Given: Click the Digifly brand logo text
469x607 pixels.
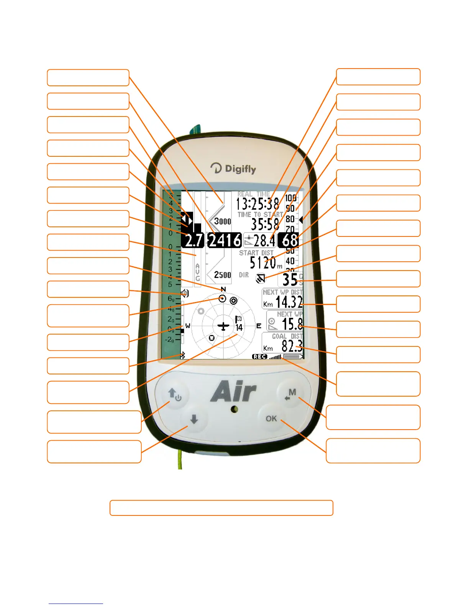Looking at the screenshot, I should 233,169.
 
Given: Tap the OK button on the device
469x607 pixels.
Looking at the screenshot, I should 271,418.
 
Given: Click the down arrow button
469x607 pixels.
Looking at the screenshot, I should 194,420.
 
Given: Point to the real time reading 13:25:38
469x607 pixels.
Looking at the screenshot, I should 257,204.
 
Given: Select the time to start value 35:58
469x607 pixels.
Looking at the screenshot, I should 265,224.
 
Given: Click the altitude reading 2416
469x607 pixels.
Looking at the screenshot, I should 225,241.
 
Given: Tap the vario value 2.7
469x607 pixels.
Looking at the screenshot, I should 194,241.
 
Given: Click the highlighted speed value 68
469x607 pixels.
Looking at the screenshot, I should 290,241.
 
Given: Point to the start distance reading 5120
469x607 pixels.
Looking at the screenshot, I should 263,263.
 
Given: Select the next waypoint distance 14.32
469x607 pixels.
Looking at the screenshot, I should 289,302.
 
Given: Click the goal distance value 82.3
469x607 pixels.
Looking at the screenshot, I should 292,346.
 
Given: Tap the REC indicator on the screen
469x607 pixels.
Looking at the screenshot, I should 259,357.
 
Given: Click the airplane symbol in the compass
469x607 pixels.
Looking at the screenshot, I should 223,326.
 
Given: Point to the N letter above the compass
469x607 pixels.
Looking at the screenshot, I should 223,289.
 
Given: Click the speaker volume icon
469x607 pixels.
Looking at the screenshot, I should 185,294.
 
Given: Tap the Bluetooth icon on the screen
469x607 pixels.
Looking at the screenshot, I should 183,356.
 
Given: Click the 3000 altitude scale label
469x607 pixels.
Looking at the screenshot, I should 223,221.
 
